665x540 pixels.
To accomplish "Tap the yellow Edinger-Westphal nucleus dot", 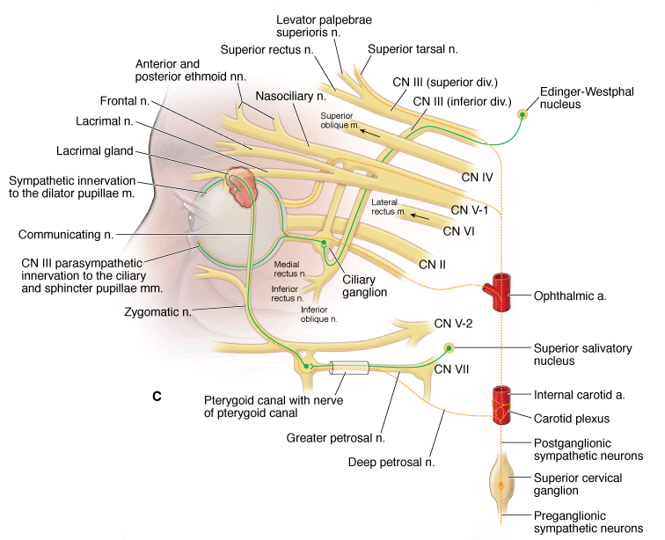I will (522, 113).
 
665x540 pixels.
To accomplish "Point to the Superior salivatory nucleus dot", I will (449, 348).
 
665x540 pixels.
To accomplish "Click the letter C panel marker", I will (157, 397).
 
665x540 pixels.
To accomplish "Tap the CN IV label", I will (478, 177).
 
